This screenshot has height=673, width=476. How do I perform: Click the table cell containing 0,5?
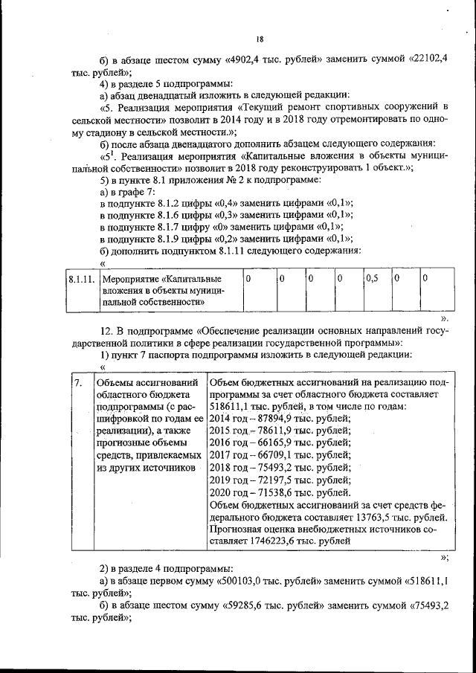(x=371, y=278)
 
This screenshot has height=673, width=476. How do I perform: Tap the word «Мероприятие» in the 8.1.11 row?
(x=129, y=278)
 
